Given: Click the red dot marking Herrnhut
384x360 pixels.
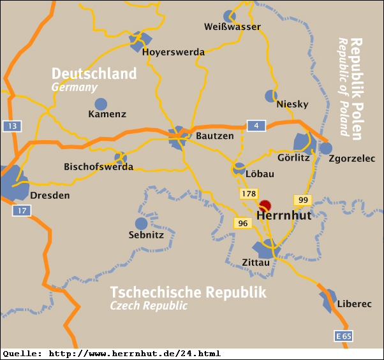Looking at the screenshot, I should tap(265, 206).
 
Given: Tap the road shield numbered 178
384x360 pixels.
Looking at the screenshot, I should tap(248, 193).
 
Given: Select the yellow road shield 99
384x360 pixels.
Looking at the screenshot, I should tap(302, 200).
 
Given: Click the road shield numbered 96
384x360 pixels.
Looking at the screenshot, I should tap(242, 223).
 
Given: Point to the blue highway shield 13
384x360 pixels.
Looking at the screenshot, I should tap(11, 126).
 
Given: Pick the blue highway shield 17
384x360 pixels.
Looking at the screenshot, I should tap(22, 210).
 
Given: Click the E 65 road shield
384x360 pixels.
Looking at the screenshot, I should tap(343, 336).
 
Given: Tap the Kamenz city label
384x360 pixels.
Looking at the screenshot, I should tap(107, 115).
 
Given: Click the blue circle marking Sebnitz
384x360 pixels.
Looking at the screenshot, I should tap(142, 224).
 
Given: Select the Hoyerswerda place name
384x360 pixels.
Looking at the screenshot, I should tap(174, 52).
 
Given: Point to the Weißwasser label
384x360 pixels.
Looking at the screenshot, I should tap(232, 27).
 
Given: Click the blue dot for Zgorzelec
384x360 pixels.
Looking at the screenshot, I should tap(326, 148).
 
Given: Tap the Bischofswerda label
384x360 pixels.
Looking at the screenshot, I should tap(98, 167).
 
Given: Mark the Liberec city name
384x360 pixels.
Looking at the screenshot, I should tap(354, 304).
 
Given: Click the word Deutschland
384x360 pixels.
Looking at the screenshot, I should tap(94, 73).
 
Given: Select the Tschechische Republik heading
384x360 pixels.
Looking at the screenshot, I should tap(188, 292).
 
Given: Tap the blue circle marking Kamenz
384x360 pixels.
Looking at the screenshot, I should tap(101, 104).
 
